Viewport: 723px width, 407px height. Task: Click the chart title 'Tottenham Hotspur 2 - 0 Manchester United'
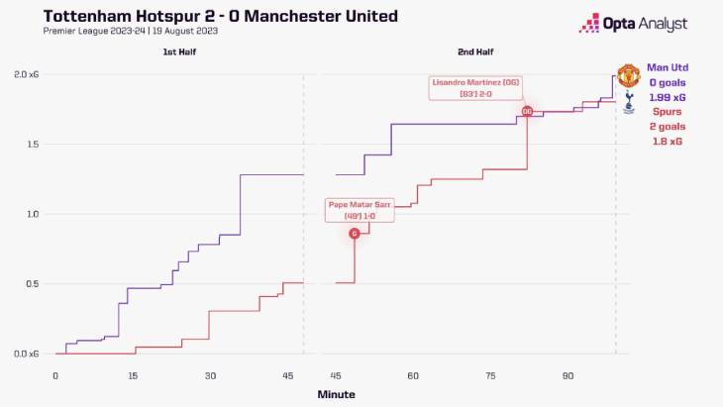tap(207, 16)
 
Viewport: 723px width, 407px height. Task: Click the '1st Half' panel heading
tap(178, 51)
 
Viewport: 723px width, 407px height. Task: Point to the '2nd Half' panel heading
tap(476, 51)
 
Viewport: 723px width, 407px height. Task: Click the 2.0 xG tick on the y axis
tap(26, 74)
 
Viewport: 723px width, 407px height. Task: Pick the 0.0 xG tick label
tap(26, 354)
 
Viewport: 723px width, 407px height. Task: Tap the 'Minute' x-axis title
tap(336, 394)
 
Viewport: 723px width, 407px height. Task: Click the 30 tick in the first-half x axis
tap(210, 376)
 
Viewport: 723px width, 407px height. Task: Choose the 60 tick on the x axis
tap(412, 376)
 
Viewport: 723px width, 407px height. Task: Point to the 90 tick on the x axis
tap(568, 376)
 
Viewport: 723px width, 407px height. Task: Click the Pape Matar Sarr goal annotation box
tap(361, 210)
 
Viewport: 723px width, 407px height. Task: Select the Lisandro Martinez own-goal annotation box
tap(470, 87)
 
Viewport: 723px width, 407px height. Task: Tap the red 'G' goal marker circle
tap(355, 234)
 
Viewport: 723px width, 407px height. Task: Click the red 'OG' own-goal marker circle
tap(527, 111)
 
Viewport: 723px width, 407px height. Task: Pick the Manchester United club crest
tap(628, 75)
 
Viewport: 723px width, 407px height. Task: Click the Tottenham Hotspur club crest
tap(628, 102)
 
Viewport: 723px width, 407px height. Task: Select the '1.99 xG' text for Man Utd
tap(666, 97)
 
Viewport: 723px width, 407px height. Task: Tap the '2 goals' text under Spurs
tap(666, 127)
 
